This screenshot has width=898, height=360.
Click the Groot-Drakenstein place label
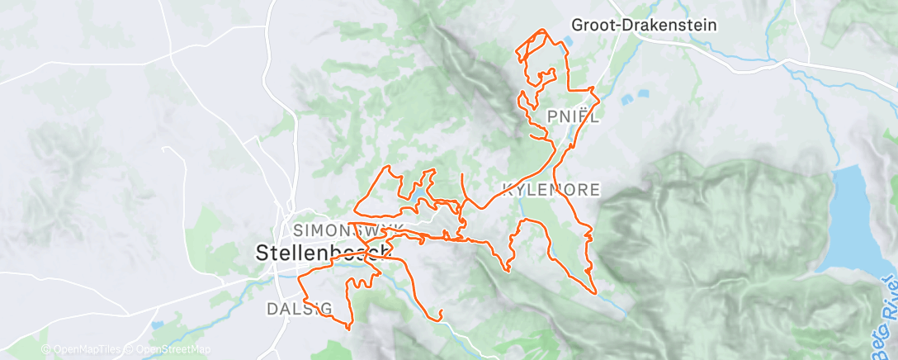[632, 26]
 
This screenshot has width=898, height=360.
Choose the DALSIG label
[300, 308]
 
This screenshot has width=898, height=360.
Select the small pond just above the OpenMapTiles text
[157, 325]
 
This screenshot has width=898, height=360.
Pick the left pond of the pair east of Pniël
[626, 101]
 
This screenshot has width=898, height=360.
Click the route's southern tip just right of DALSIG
[349, 328]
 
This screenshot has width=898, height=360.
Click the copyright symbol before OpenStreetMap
[130, 350]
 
